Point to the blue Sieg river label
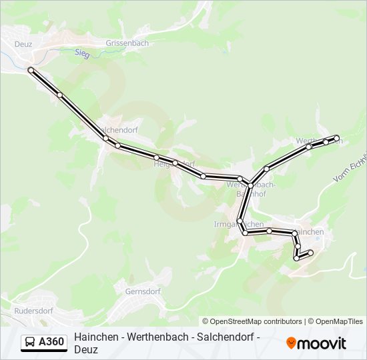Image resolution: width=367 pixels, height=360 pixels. click(x=82, y=53)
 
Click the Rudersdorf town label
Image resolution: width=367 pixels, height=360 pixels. click(x=34, y=311)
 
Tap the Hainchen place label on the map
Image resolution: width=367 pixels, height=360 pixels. click(x=309, y=231)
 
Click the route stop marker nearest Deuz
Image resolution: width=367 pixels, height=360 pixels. click(x=31, y=69)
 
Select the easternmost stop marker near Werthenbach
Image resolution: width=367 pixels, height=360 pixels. click(x=337, y=139)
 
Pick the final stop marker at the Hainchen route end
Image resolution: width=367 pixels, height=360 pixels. click(x=310, y=251)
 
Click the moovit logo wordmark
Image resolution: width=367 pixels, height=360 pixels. click(x=322, y=343)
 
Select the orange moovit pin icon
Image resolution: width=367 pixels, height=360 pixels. click(x=291, y=343)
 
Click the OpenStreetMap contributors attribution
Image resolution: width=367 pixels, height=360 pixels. click(x=252, y=321)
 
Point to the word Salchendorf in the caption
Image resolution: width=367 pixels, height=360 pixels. click(x=224, y=337)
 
